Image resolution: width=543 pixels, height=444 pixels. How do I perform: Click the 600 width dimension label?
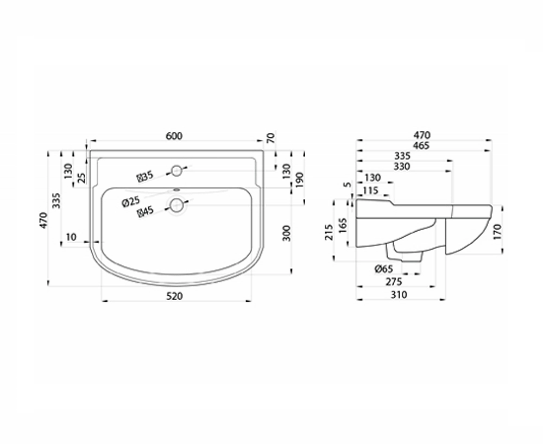click(x=174, y=136)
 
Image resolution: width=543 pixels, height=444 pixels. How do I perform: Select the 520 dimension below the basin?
click(x=174, y=296)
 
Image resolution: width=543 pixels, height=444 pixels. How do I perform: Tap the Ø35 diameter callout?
click(x=145, y=176)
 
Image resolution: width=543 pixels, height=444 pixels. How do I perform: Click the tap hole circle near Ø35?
click(x=176, y=170)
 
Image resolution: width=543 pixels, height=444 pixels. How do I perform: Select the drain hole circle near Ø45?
click(x=176, y=205)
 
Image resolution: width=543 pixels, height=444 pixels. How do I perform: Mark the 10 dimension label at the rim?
click(x=71, y=237)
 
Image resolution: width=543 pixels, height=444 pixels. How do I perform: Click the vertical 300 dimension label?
click(x=287, y=233)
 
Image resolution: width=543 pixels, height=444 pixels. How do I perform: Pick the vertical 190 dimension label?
click(x=299, y=180)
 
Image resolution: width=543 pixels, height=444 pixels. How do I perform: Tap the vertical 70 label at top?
click(x=271, y=138)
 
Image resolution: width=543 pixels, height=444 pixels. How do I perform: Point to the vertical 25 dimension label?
click(x=81, y=178)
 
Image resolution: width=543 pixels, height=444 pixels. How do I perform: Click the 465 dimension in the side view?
click(x=421, y=145)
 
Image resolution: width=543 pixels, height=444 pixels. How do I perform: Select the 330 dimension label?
click(x=402, y=167)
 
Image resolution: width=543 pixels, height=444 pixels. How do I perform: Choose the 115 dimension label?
click(x=370, y=191)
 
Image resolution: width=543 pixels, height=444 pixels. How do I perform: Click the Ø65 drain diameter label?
click(x=384, y=269)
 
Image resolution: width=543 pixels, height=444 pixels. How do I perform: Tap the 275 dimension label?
click(x=394, y=282)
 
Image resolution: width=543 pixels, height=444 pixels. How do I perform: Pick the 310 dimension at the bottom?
click(x=399, y=295)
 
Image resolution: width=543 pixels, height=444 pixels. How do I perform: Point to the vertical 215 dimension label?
click(x=329, y=232)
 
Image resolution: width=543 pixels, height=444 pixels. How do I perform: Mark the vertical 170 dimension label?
click(x=497, y=232)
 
